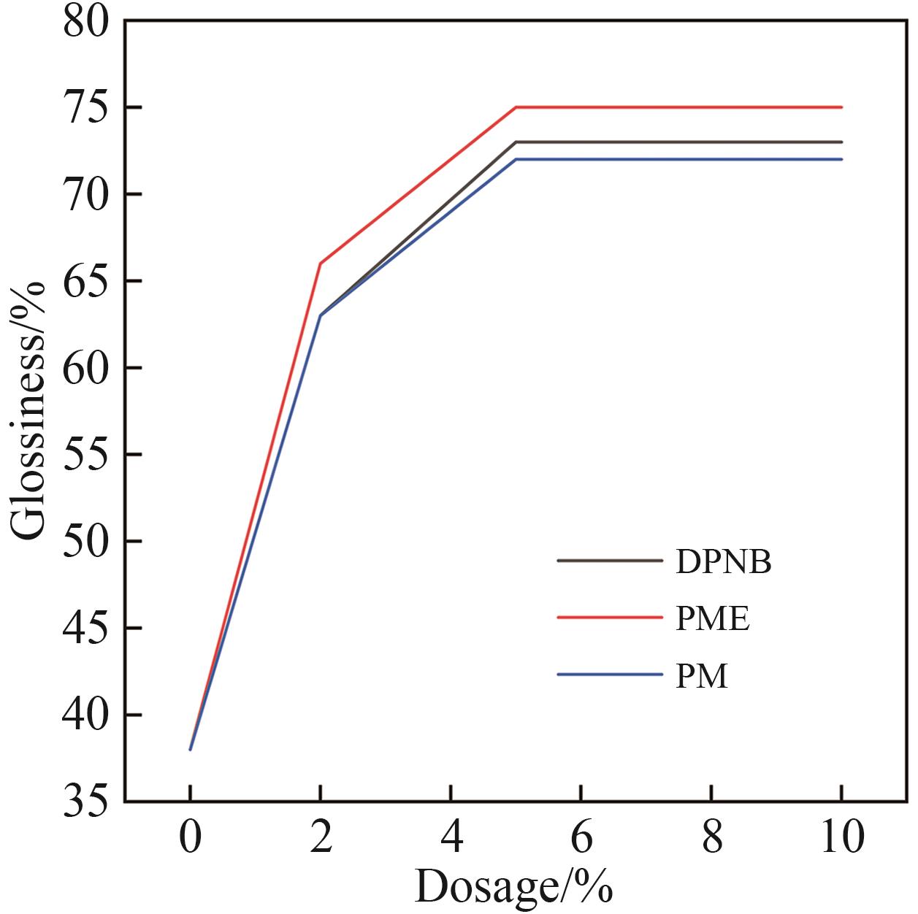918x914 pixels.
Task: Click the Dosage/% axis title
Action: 513,886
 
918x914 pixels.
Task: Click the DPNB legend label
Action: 723,562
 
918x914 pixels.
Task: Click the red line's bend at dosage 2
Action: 320,264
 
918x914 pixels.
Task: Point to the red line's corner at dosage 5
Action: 516,107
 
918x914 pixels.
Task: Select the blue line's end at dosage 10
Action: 841,159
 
